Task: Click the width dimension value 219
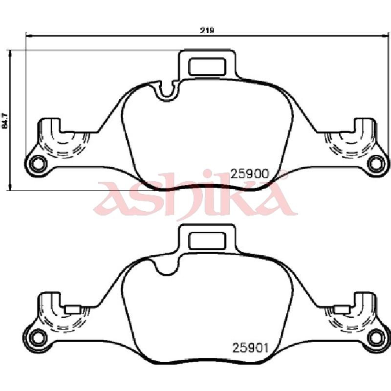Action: tap(207, 30)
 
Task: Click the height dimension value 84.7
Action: tap(5, 121)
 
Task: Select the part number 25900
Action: tap(250, 174)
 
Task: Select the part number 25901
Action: tap(250, 348)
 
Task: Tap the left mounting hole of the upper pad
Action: tap(38, 164)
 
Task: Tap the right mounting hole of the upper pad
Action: tap(376, 164)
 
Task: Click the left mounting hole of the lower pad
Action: tap(38, 338)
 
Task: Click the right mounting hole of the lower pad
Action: tap(376, 338)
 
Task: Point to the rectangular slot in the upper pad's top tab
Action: tap(207, 66)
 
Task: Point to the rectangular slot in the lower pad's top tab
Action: tap(207, 241)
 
